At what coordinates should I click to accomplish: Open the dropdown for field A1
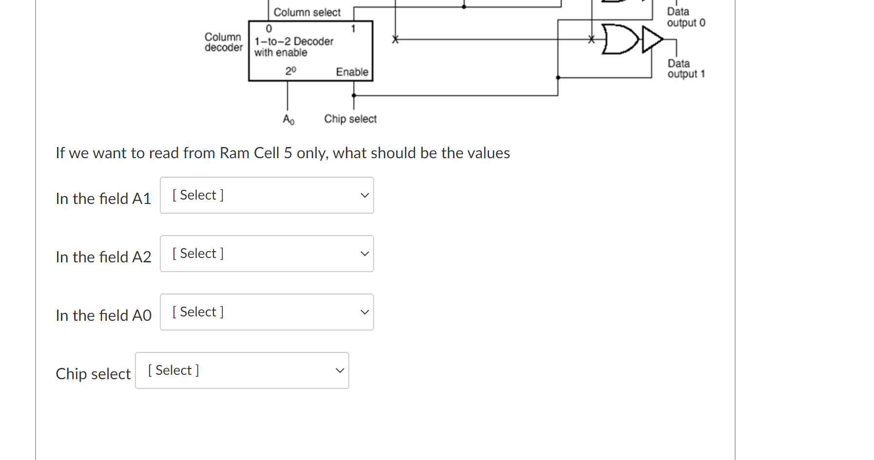pos(266,195)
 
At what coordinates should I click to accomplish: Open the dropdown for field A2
pos(266,254)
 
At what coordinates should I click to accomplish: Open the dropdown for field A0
pos(266,312)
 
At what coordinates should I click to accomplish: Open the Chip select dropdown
pos(242,370)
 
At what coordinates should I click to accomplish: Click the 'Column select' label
pos(307,12)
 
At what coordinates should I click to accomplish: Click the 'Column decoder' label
pos(223,42)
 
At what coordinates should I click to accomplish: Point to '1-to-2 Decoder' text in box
pos(294,41)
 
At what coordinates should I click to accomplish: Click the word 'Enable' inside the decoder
pos(352,72)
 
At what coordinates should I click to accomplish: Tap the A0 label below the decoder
pos(288,119)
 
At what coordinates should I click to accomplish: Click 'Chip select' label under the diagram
pos(350,119)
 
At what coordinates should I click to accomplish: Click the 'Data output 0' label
pos(685,18)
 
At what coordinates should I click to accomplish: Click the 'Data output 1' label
pos(686,69)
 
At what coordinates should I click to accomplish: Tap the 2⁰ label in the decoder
pos(290,71)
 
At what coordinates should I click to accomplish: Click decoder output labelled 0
pos(269,29)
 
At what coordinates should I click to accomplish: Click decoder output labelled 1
pos(353,29)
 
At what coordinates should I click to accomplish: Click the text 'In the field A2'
pos(103,257)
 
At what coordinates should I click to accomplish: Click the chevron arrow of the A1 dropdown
pos(364,195)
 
